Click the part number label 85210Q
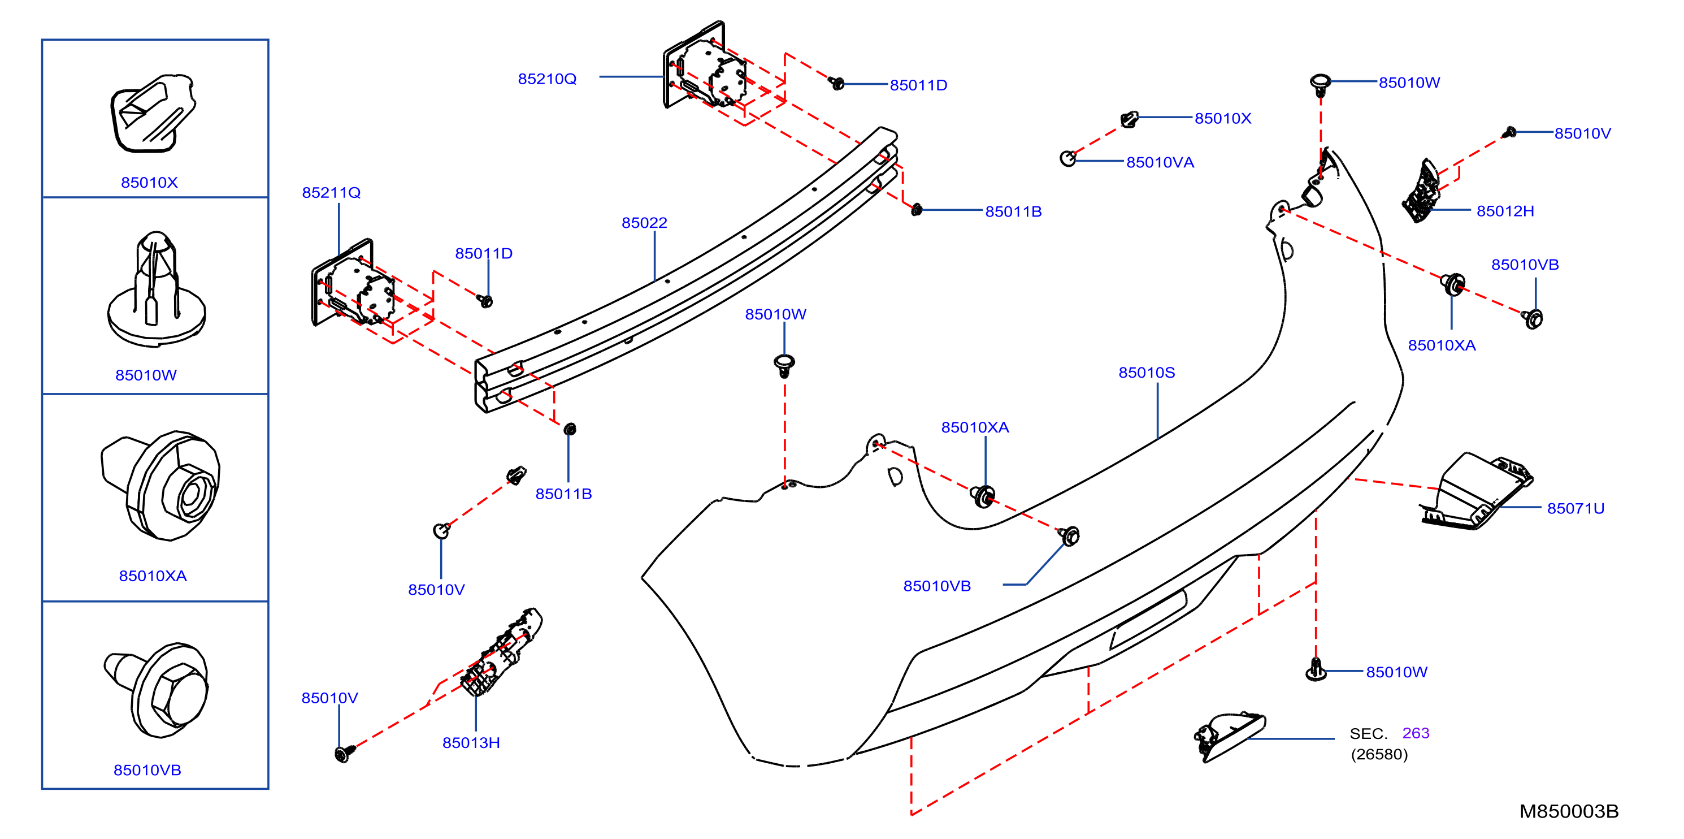(x=547, y=79)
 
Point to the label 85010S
(x=1147, y=373)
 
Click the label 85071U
(x=1576, y=509)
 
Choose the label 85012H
(x=1505, y=211)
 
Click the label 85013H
(x=471, y=743)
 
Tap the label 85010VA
(x=1160, y=163)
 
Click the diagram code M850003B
(x=1569, y=811)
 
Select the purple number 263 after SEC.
(x=1416, y=733)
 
